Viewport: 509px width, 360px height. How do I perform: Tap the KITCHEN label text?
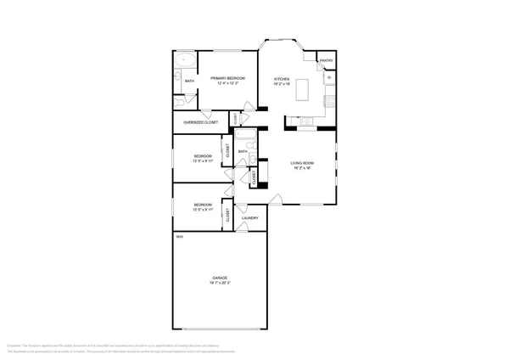(x=282, y=78)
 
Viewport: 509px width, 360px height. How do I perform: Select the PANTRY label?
(x=326, y=61)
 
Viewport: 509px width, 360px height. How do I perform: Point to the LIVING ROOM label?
(x=303, y=162)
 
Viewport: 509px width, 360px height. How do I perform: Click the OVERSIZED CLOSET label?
(x=201, y=122)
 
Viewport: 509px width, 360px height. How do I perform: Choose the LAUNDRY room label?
(x=249, y=218)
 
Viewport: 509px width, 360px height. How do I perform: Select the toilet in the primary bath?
(x=176, y=82)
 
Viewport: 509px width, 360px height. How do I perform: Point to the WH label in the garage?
(x=179, y=237)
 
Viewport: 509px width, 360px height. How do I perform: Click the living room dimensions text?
(x=303, y=168)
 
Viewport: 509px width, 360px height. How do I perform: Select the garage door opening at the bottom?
(x=221, y=329)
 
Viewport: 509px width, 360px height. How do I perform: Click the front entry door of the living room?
(x=276, y=200)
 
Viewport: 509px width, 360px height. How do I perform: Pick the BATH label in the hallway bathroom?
(x=243, y=152)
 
